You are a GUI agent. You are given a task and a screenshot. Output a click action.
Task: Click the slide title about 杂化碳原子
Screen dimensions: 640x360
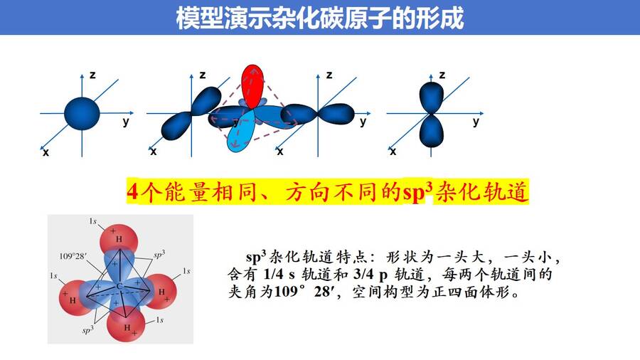tap(320, 18)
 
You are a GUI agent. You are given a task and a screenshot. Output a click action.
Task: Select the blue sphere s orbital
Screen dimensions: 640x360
tap(82, 113)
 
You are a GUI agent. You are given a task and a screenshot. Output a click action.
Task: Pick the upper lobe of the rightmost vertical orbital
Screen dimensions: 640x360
tap(432, 97)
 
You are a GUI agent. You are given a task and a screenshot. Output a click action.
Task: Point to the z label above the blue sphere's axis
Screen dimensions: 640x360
tap(92, 75)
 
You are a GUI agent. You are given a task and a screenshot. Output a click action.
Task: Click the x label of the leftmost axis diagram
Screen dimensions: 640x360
tap(46, 152)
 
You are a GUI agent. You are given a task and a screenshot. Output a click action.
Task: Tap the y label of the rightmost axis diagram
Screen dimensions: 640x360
tap(476, 122)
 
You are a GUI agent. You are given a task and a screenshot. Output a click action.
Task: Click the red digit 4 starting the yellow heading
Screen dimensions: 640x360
tap(133, 191)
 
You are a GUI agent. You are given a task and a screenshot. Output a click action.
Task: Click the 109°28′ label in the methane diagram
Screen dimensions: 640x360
tap(73, 256)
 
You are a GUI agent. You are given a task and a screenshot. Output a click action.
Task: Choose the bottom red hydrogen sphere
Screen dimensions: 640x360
tap(125, 324)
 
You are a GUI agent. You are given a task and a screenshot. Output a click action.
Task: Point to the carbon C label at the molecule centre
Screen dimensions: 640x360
tap(119, 286)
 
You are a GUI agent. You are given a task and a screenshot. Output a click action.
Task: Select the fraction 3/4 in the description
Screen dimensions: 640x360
tap(363, 274)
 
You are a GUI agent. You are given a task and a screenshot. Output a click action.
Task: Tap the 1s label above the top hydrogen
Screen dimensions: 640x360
tap(93, 221)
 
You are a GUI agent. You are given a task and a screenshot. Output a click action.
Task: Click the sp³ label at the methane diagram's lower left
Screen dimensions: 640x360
tap(87, 329)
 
